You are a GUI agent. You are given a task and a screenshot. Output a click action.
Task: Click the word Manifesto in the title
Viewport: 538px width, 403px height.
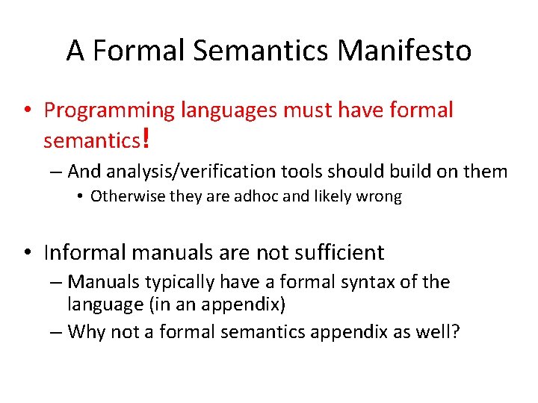pos(404,51)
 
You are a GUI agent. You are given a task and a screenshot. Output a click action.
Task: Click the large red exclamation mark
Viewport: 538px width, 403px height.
pos(146,137)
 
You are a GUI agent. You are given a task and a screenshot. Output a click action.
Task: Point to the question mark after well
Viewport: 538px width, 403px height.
pos(456,331)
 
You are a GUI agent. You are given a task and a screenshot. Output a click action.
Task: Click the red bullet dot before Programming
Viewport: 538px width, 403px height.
pos(27,110)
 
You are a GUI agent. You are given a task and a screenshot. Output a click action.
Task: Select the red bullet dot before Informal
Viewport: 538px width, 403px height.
pos(27,252)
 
